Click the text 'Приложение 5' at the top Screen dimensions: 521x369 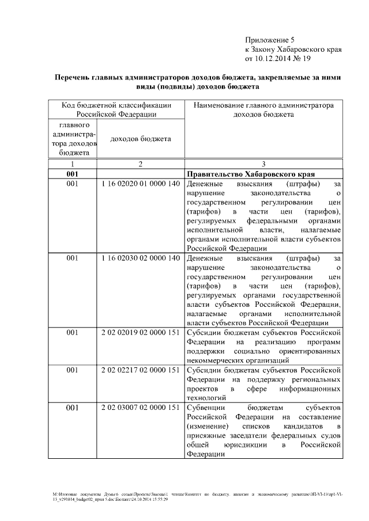(x=270, y=40)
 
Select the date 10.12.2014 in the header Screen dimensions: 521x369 (x=275, y=59)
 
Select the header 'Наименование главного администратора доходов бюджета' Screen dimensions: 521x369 (x=263, y=109)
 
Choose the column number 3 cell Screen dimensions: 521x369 (x=263, y=164)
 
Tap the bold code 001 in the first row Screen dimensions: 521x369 (x=72, y=174)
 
